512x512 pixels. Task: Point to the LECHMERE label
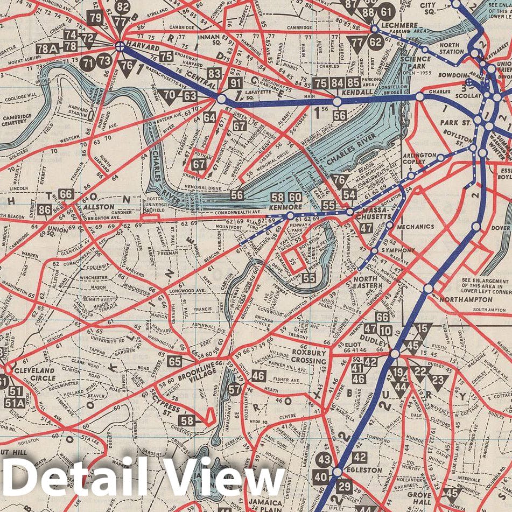pyautogui.click(x=399, y=25)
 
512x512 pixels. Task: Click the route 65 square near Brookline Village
pyautogui.click(x=174, y=362)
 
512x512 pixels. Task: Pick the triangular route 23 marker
pyautogui.click(x=439, y=381)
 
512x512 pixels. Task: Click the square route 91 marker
pyautogui.click(x=235, y=83)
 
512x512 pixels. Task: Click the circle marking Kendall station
pyautogui.click(x=337, y=101)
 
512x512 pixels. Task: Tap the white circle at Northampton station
pyautogui.click(x=428, y=289)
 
